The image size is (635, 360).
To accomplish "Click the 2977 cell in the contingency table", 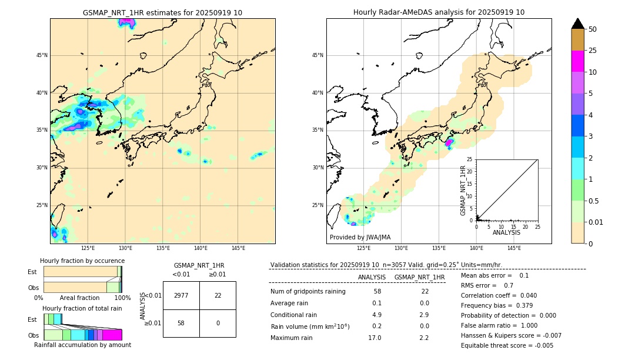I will (x=181, y=295).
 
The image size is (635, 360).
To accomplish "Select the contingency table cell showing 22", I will (x=218, y=295).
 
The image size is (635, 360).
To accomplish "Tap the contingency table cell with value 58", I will (x=181, y=324).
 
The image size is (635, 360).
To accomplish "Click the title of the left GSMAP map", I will (x=162, y=12).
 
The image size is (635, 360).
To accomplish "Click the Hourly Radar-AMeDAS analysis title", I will (x=439, y=12).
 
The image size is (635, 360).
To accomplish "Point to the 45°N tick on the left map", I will (x=42, y=55).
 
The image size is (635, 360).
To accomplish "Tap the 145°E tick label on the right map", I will (x=514, y=248).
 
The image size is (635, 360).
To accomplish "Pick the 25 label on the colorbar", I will (x=593, y=51).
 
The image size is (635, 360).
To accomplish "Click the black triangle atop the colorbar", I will (x=577, y=24).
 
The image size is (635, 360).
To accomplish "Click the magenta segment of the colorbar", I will (x=577, y=61).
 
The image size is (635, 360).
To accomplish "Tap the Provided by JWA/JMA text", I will (x=360, y=238).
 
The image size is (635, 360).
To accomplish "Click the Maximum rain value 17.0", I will (x=375, y=338).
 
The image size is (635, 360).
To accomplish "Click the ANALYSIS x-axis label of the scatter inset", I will (x=506, y=232).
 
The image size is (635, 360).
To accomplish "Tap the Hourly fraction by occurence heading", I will (x=82, y=261).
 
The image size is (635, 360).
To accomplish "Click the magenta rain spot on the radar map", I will (x=449, y=142).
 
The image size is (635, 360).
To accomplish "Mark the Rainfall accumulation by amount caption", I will (x=82, y=345).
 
